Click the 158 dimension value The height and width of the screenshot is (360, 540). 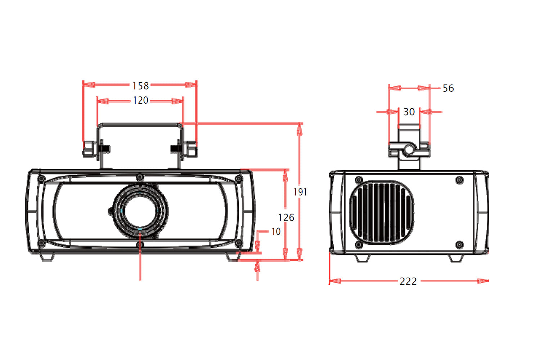[140, 86]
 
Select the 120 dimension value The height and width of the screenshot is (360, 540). [140, 100]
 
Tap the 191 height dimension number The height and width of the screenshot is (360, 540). [300, 192]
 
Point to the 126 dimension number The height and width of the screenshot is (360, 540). [286, 217]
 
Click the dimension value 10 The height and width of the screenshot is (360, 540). [276, 231]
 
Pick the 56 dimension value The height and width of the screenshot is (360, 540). [449, 88]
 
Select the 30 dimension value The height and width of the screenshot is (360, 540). [409, 112]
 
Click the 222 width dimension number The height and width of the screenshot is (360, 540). [408, 282]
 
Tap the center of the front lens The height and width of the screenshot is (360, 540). [140, 211]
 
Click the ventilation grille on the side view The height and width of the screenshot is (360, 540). [382, 212]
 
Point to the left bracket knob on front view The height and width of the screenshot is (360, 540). [90, 149]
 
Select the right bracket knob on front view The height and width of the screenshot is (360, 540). [190, 149]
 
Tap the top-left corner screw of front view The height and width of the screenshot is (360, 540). [41, 179]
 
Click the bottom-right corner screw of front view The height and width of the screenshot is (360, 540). [239, 243]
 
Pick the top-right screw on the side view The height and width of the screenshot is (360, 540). [459, 180]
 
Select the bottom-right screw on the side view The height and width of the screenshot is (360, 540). [459, 244]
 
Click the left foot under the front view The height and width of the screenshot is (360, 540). [47, 257]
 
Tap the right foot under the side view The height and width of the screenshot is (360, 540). [456, 258]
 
